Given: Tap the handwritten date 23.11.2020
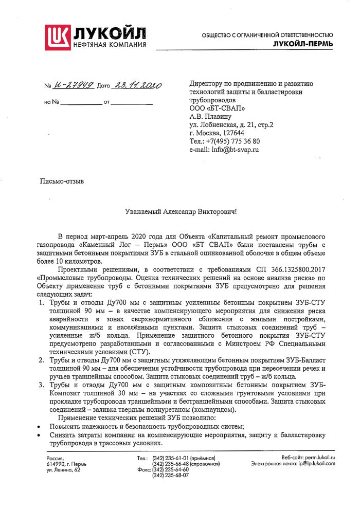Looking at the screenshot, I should (137, 85).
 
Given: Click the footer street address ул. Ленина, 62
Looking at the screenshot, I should (63, 469).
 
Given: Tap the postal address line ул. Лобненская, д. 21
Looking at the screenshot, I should (231, 124).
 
